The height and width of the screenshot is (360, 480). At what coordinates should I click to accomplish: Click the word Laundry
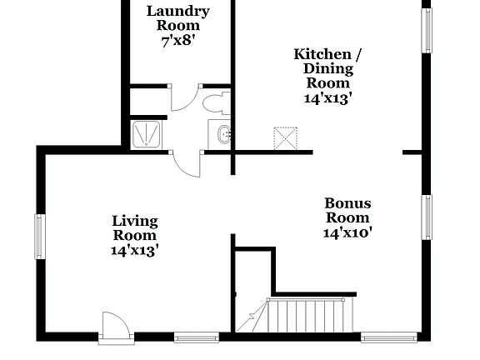pos(177,11)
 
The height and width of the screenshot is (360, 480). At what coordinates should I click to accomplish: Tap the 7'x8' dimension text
pos(177,40)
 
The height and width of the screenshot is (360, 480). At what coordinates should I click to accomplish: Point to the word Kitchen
pos(316,54)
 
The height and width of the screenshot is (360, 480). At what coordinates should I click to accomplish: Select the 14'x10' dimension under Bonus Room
pos(347,232)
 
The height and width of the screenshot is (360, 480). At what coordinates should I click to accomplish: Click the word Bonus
pos(347,203)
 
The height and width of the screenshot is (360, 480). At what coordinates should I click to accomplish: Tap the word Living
pos(135,220)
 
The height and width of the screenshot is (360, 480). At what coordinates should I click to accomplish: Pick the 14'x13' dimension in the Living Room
pos(135,248)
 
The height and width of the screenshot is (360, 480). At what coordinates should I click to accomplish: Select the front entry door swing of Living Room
pos(113,326)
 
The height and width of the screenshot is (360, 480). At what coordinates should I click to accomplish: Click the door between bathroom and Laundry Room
pos(185,97)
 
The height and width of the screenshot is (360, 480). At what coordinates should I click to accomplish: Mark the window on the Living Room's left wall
pos(39,236)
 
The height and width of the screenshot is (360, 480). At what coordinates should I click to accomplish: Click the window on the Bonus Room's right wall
pos(427,217)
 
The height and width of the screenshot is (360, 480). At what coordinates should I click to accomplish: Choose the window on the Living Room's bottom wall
pos(197,337)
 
